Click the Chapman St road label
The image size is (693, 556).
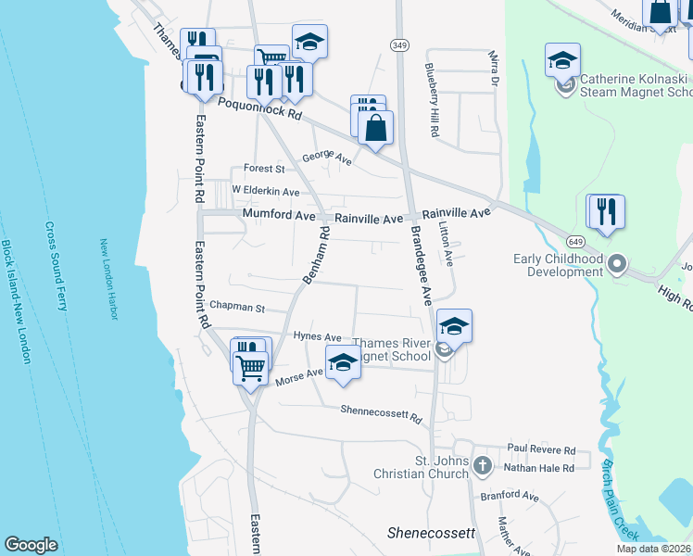(x=238, y=308)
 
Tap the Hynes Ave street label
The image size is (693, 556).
(x=317, y=336)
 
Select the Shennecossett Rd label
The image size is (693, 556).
(x=381, y=411)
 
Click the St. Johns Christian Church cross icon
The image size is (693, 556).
(x=481, y=464)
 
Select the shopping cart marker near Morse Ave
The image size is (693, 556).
(x=251, y=369)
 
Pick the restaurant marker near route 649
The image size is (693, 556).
(x=608, y=211)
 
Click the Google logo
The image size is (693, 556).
(x=31, y=545)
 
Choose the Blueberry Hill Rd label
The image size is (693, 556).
(x=432, y=101)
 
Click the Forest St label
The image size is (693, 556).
(x=264, y=169)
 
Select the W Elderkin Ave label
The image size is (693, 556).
(x=266, y=192)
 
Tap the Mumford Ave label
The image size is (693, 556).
(x=279, y=214)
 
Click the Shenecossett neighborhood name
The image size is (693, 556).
(x=430, y=534)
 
